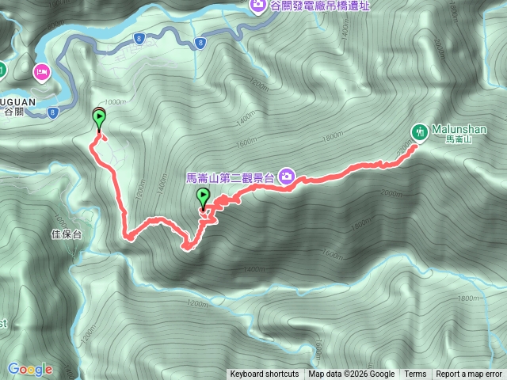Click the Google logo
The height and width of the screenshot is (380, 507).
tap(30, 369)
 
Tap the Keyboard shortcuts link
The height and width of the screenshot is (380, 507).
tap(265, 374)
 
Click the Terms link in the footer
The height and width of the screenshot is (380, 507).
tap(415, 374)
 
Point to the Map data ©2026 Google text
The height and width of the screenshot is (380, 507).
tap(352, 374)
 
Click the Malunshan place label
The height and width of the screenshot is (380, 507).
tap(459, 129)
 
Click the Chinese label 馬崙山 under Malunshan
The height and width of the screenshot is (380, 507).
tap(459, 139)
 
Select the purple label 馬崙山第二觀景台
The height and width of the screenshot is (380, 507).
tap(229, 178)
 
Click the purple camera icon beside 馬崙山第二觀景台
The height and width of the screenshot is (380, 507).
tap(287, 178)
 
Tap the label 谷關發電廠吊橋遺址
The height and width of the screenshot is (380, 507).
tap(320, 6)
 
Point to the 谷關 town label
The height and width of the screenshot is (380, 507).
tap(14, 112)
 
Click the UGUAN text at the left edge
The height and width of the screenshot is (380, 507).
tap(14, 101)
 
